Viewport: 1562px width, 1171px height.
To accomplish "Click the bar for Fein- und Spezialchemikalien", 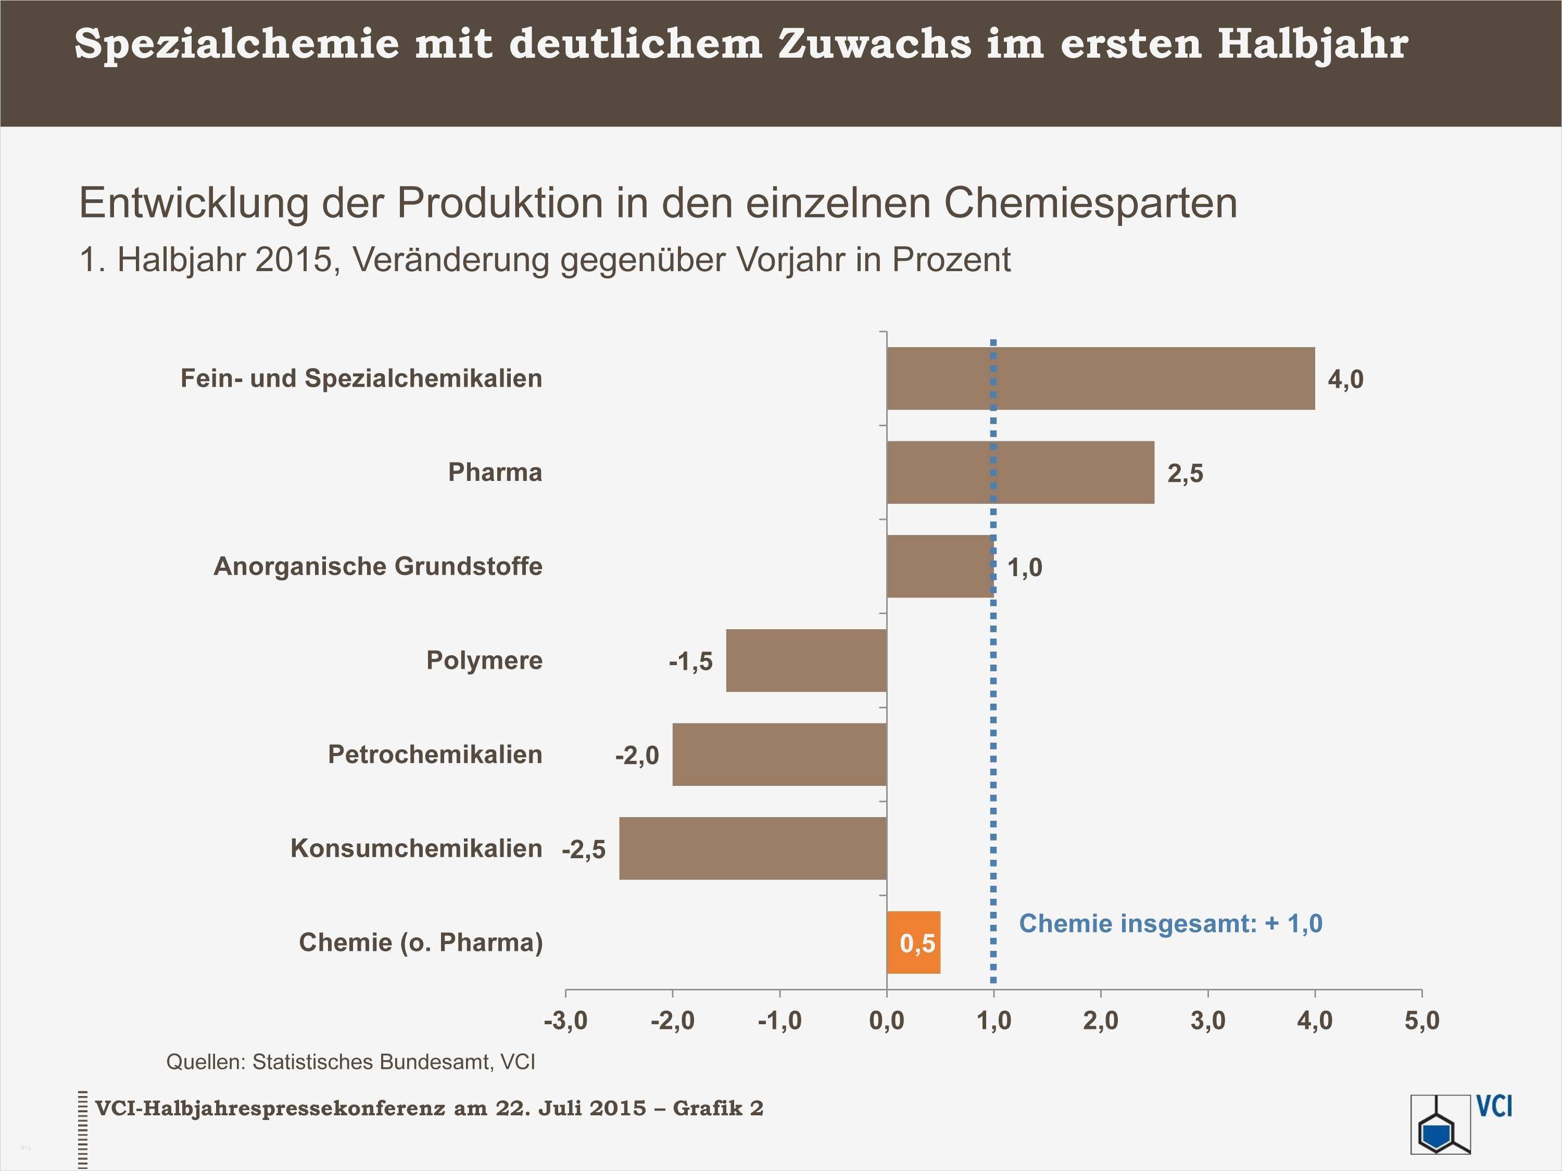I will (x=1100, y=378).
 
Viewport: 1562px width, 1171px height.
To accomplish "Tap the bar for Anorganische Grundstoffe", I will (x=939, y=566).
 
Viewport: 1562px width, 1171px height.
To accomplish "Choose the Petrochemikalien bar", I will (x=779, y=754).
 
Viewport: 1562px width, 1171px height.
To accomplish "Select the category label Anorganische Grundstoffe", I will (x=378, y=566).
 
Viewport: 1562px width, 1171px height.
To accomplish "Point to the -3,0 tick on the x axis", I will (x=565, y=1021).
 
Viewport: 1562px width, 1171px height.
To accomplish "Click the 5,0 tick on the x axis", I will (x=1421, y=1021).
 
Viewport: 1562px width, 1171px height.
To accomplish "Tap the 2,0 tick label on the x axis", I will (x=1101, y=1021).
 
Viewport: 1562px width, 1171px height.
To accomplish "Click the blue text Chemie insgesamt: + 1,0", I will (x=1170, y=923).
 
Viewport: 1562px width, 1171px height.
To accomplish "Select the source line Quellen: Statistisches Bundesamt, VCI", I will (x=350, y=1062).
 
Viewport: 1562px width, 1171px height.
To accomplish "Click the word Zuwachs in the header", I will (x=874, y=44).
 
